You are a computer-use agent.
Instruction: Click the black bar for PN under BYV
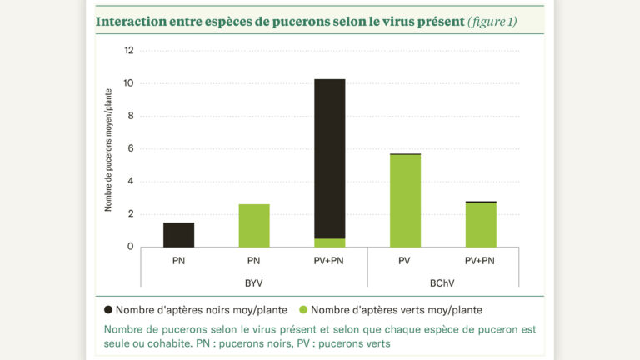point(178,235)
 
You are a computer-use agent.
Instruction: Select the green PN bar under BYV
point(254,226)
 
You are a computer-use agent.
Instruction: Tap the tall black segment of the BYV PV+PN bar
point(329,158)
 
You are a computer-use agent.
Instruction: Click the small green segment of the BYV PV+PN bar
point(329,242)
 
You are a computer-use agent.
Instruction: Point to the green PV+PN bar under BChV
point(481,225)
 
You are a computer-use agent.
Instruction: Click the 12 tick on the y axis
point(128,51)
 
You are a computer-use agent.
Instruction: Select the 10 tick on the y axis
point(128,83)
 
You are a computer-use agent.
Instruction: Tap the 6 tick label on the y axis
point(129,148)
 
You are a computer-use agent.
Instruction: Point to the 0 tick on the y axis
point(129,247)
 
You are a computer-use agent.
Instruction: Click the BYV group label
point(254,283)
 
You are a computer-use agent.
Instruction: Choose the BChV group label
point(442,283)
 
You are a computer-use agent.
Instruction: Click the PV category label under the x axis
point(405,261)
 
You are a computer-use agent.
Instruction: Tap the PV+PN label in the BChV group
point(481,261)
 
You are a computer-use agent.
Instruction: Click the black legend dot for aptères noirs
point(108,309)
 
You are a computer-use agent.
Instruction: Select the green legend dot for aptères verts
point(304,309)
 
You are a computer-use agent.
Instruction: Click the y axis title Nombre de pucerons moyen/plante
point(109,150)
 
